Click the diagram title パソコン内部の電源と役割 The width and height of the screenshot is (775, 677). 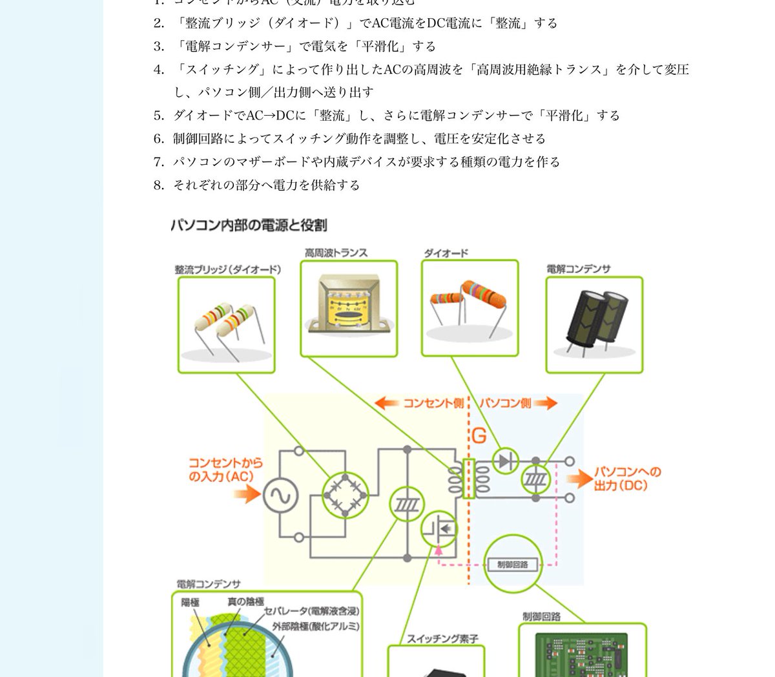[249, 225]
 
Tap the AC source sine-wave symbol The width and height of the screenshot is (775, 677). [280, 495]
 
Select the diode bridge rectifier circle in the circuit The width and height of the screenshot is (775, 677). [344, 495]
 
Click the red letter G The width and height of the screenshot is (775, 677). [479, 436]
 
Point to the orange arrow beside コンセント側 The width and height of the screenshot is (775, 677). [386, 404]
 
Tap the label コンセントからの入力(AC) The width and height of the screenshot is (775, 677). [225, 470]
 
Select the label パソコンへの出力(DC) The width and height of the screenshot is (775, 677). [627, 478]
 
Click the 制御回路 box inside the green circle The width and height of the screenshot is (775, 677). [513, 564]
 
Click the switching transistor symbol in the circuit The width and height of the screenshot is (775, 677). [439, 529]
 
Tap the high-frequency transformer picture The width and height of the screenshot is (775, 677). [349, 306]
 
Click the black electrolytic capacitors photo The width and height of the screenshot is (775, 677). [594, 324]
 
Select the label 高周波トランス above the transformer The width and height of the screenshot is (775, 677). [336, 253]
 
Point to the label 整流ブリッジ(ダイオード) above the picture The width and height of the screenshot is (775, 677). [227, 269]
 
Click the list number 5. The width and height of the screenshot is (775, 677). [159, 116]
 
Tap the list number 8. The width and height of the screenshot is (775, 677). [159, 185]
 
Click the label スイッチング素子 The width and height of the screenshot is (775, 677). [442, 639]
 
